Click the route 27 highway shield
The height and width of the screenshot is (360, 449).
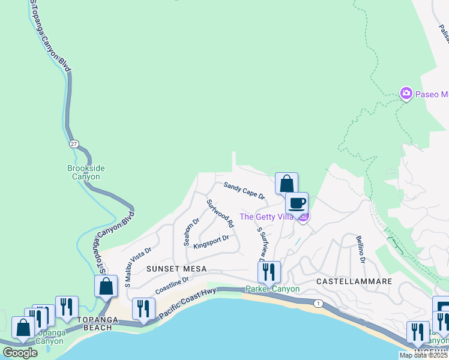point(74,144)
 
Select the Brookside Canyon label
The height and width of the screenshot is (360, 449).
point(83,173)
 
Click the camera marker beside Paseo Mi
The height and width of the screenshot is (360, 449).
point(406,94)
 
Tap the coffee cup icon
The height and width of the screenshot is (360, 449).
point(297,203)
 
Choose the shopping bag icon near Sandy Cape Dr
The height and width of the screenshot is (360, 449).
point(287,183)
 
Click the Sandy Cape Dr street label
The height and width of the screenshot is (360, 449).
point(244,191)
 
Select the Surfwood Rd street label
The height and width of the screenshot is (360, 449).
point(220,213)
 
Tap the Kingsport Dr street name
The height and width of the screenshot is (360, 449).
point(211,242)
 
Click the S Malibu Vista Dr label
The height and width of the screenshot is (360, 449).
point(138,267)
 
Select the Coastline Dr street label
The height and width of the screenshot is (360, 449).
point(172,285)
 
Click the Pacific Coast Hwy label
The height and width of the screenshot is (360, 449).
point(187,300)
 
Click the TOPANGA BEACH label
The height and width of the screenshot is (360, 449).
point(89,328)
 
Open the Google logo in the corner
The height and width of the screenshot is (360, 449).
point(20,353)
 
